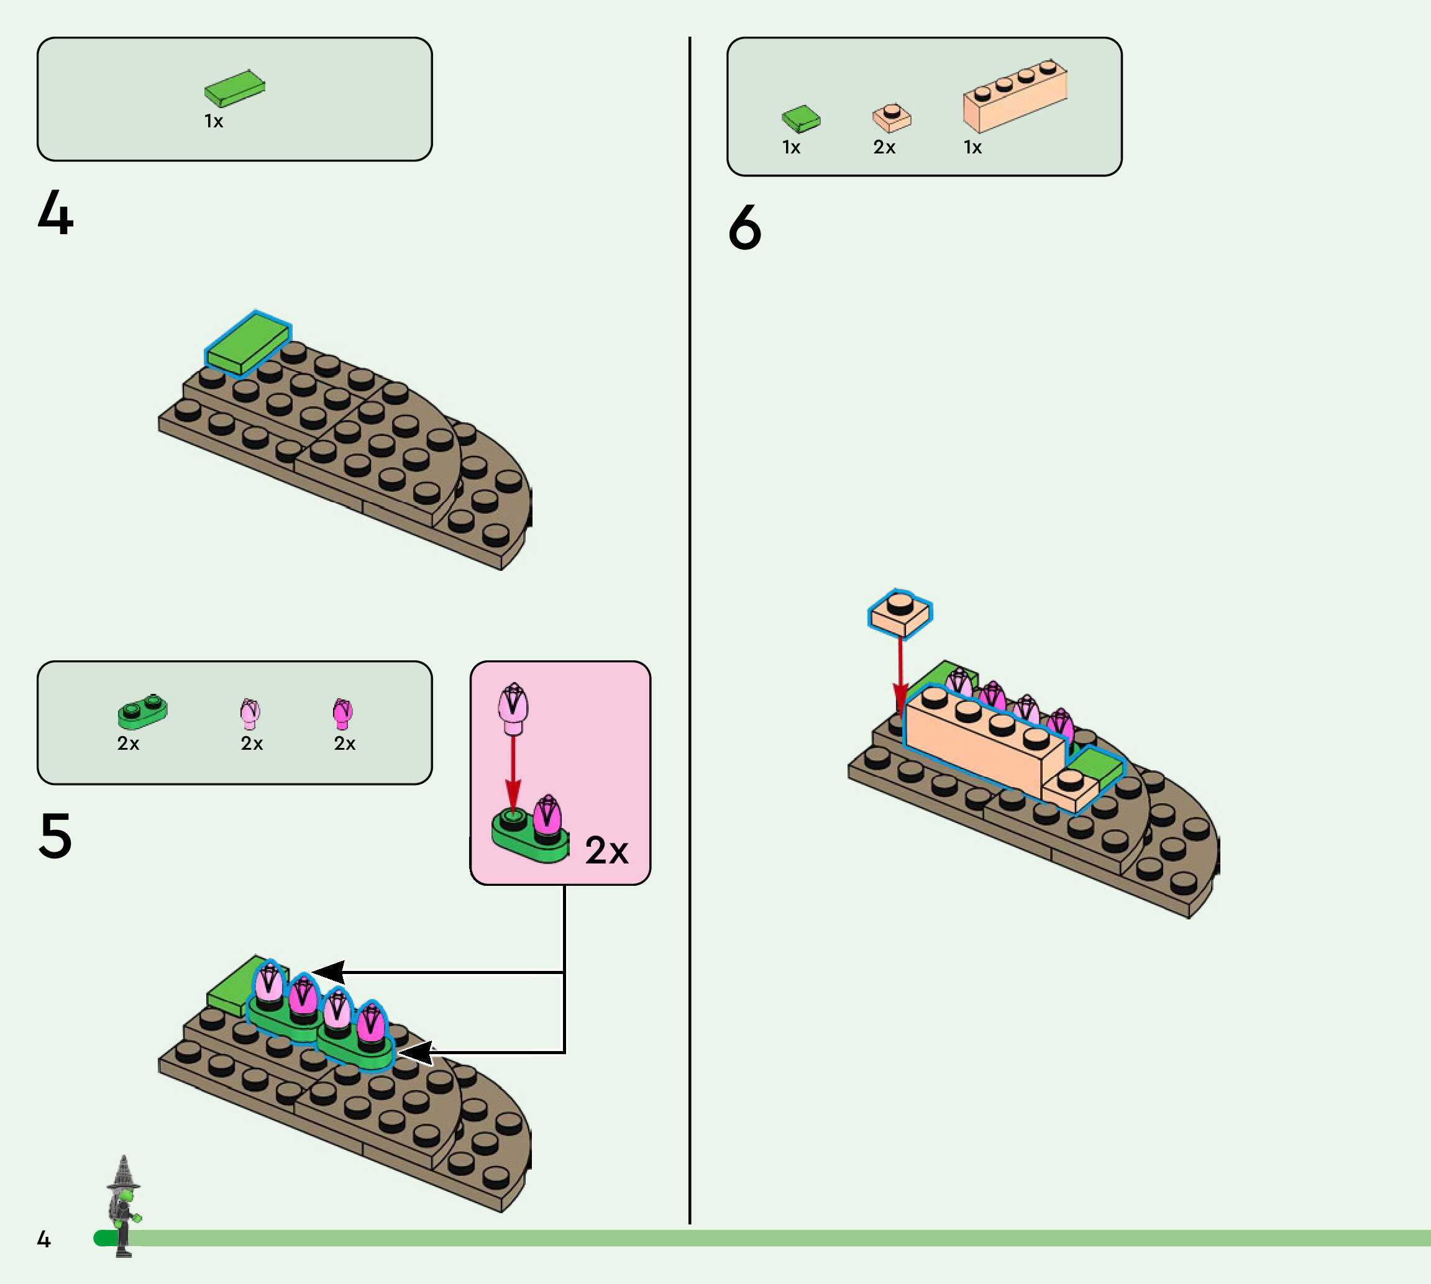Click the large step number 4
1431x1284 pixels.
pyautogui.click(x=55, y=212)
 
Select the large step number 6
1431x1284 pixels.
pyautogui.click(x=744, y=227)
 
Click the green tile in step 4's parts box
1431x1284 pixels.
pyautogui.click(x=235, y=88)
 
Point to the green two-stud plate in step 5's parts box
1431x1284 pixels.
pyautogui.click(x=142, y=712)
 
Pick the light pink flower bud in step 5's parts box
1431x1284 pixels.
pyautogui.click(x=250, y=713)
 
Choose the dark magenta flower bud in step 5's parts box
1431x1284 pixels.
pyautogui.click(x=342, y=713)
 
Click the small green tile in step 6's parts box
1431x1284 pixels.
pyautogui.click(x=801, y=119)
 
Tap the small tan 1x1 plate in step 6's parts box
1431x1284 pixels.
pyautogui.click(x=892, y=117)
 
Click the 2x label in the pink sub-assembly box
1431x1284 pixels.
pyautogui.click(x=606, y=850)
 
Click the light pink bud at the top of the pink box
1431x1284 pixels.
pyautogui.click(x=513, y=708)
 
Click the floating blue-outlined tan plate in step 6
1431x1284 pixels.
pyautogui.click(x=900, y=613)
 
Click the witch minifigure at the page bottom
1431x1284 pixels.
pyautogui.click(x=124, y=1206)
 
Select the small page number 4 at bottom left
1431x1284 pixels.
pyautogui.click(x=43, y=1239)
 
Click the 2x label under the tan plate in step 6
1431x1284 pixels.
pyautogui.click(x=884, y=147)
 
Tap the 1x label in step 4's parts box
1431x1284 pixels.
pyautogui.click(x=214, y=121)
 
